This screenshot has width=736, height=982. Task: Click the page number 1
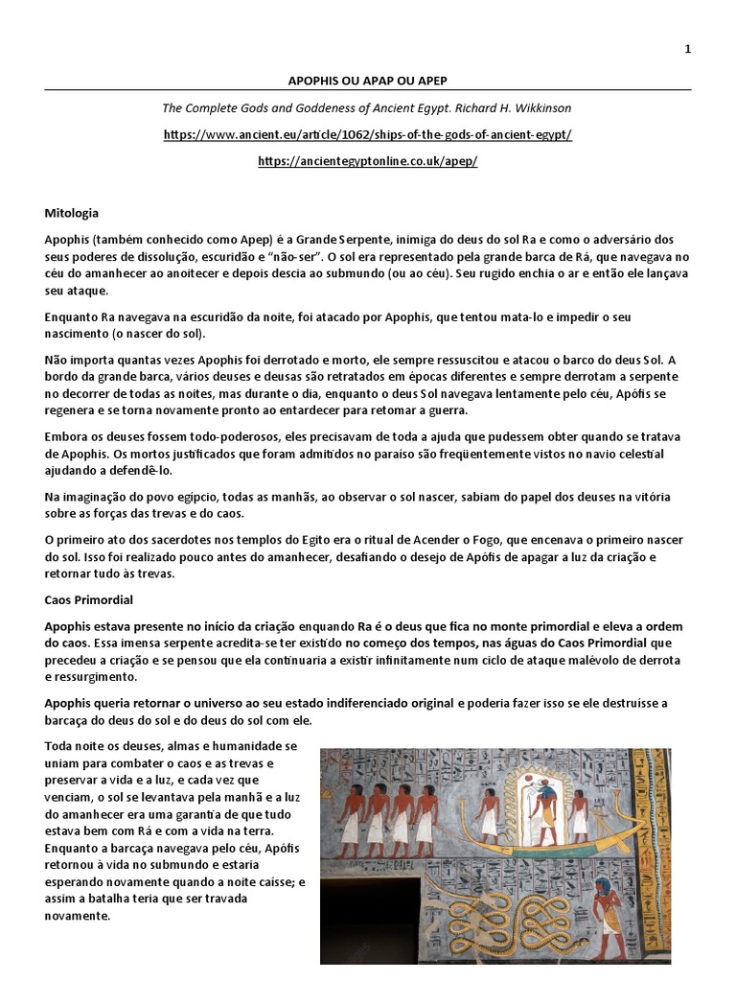pos(687,50)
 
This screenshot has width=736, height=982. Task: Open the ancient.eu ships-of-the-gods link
pos(368,134)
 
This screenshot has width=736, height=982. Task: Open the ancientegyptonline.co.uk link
pos(368,160)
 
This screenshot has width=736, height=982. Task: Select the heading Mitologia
pos(71,213)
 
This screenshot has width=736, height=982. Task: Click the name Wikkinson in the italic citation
pos(540,107)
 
